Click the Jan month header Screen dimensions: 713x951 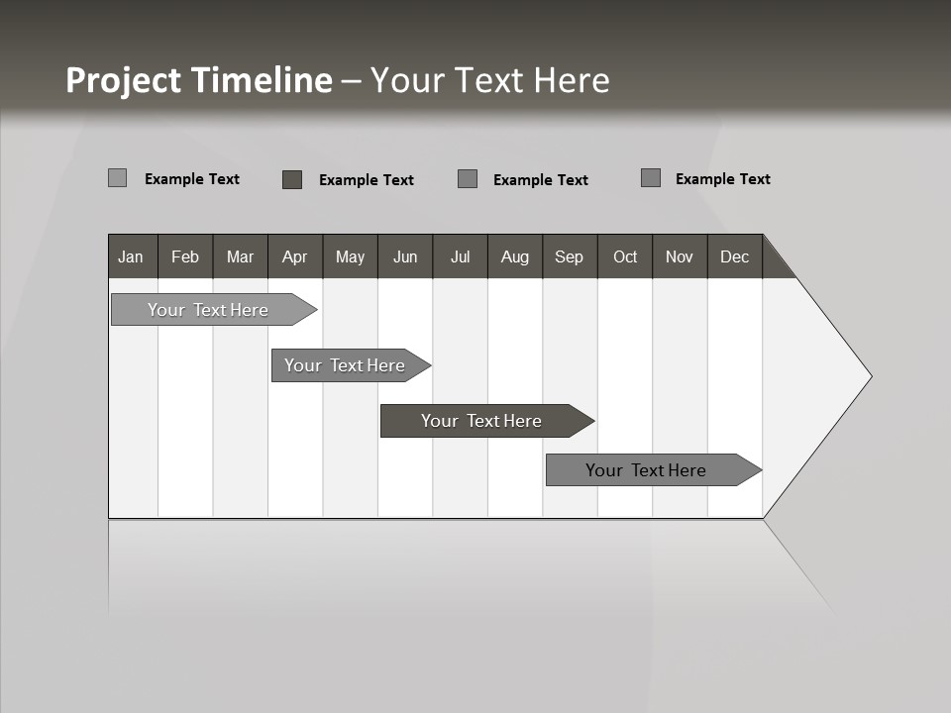point(132,256)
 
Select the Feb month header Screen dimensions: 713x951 point(185,256)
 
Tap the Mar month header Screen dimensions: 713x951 point(240,256)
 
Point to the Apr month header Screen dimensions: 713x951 point(295,256)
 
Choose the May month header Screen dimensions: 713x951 point(350,256)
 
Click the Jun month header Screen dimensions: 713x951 point(405,256)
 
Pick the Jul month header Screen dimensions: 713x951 point(460,256)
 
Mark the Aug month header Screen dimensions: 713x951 point(515,256)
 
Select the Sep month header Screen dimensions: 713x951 point(570,256)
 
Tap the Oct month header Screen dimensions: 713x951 point(625,256)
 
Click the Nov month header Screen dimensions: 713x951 point(680,256)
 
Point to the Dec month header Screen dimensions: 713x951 point(735,256)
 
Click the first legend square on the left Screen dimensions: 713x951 point(117,178)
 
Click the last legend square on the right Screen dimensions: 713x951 point(651,178)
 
